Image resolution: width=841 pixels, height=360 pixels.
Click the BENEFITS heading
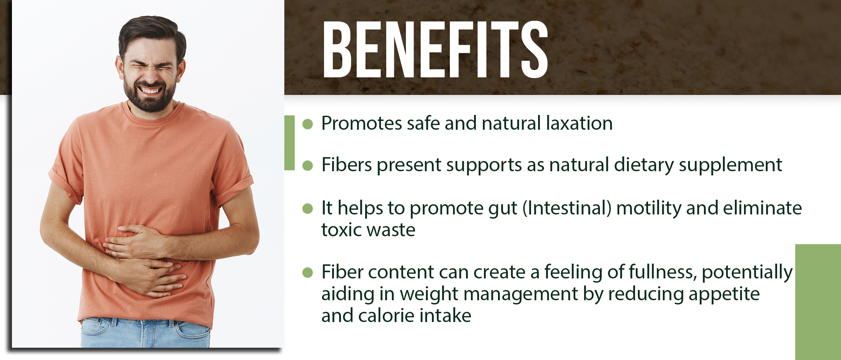(x=435, y=49)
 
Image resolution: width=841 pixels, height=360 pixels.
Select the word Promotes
(x=361, y=123)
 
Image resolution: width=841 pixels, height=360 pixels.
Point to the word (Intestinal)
(x=567, y=208)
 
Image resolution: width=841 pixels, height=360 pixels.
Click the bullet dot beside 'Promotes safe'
(x=308, y=124)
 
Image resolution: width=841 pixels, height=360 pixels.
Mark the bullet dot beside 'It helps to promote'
(x=308, y=208)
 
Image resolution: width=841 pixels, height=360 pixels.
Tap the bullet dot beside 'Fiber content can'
(x=308, y=272)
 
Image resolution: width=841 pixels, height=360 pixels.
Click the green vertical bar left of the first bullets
(x=290, y=143)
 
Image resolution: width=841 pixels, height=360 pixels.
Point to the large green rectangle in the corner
(x=818, y=302)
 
